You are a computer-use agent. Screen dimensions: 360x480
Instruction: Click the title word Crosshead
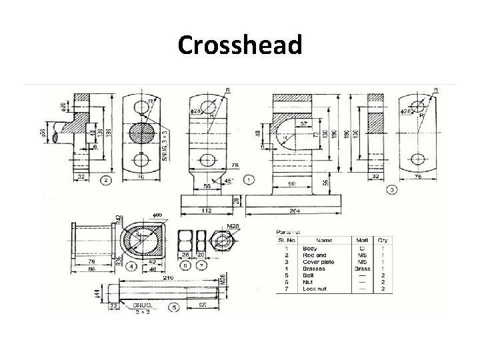pos(240,45)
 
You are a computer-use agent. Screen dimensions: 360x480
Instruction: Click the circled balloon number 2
pos(105,180)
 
